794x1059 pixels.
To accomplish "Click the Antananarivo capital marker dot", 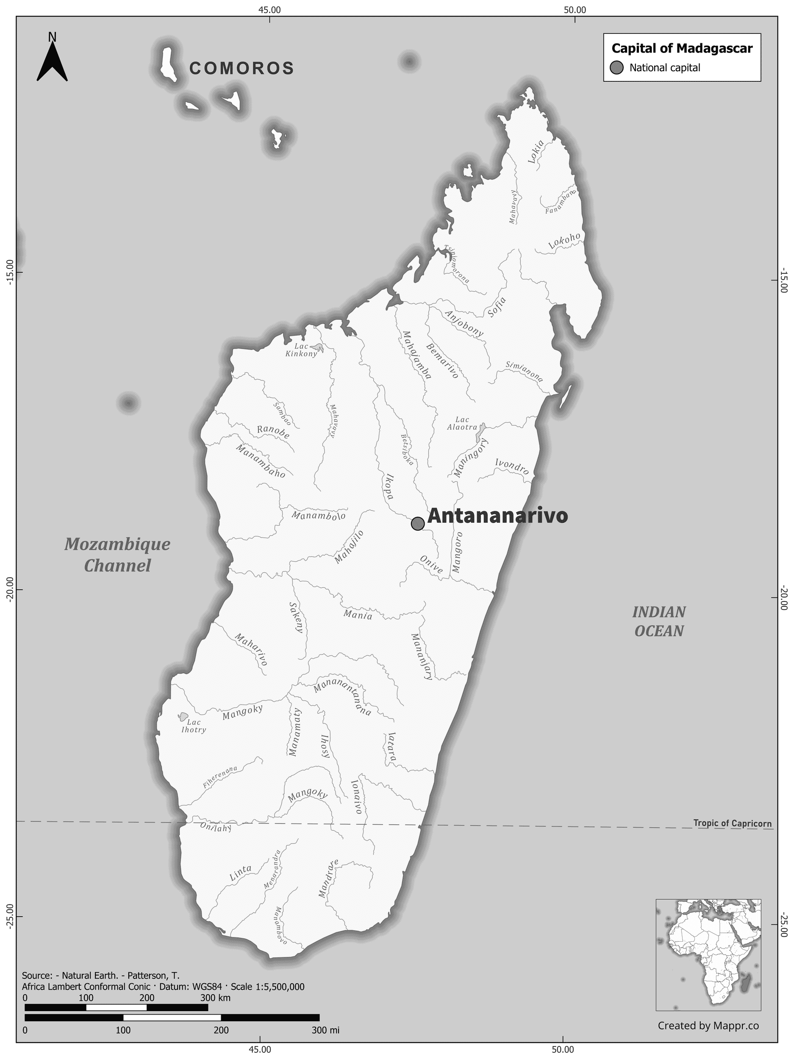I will (x=418, y=523).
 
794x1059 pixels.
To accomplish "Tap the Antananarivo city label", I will (x=497, y=516).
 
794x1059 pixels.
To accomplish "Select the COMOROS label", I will (x=242, y=69).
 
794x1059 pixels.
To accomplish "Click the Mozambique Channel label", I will (x=117, y=555).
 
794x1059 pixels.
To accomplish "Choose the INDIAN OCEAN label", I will (x=659, y=621).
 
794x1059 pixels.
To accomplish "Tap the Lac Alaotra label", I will (x=462, y=423).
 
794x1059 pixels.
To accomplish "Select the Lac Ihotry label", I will (x=194, y=726).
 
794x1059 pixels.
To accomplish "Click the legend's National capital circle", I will (x=617, y=68).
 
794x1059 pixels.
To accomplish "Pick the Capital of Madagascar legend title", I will (x=682, y=48).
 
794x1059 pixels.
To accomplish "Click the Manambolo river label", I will (x=319, y=516).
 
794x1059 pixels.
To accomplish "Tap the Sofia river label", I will (x=497, y=307).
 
